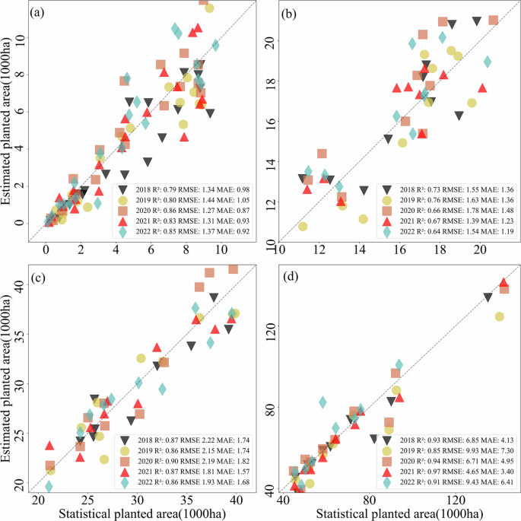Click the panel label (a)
point(37,13)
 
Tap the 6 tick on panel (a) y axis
point(19,111)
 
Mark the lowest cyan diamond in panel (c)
point(49,486)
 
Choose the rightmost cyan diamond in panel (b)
point(488,62)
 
